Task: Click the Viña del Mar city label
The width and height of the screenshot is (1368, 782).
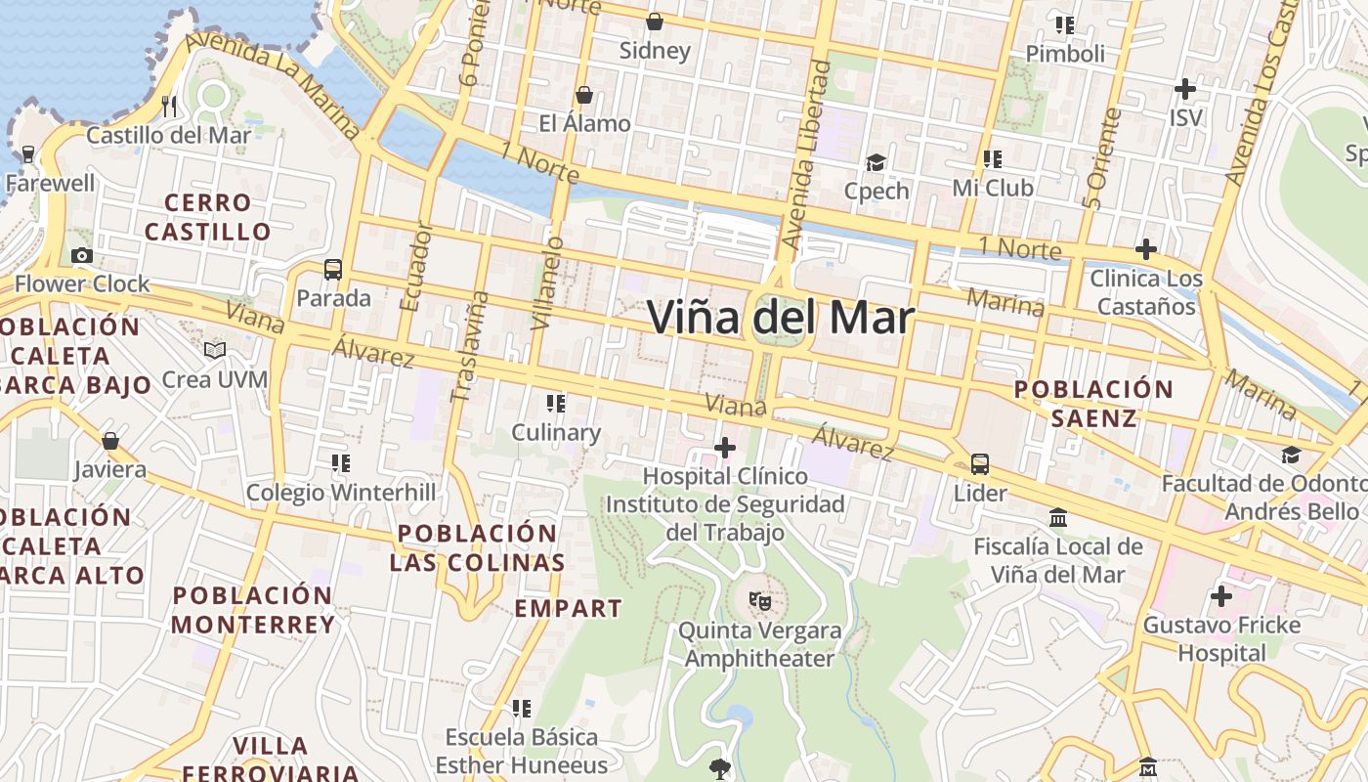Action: [781, 318]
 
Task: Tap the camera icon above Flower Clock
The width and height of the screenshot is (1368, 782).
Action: [82, 256]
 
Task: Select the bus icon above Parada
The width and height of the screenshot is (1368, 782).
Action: [333, 269]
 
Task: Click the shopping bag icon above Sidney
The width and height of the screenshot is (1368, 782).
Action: [655, 21]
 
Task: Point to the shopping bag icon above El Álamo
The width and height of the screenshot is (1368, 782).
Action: [584, 95]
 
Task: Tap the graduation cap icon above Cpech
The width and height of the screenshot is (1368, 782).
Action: [876, 162]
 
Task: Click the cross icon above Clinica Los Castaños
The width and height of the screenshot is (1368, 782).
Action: [1145, 249]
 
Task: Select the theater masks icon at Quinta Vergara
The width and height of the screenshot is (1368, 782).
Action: [759, 600]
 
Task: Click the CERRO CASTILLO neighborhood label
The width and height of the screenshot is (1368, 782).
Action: [207, 217]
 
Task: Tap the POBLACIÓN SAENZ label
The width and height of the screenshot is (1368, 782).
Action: [1093, 404]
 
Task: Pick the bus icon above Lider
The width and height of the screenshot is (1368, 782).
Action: [980, 464]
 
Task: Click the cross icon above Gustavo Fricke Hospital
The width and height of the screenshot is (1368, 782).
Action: [1220, 595]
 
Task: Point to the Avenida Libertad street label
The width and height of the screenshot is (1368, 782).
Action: [806, 156]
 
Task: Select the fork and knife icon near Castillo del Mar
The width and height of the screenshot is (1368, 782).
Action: [170, 106]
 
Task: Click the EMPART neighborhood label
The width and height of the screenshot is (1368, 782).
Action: [568, 608]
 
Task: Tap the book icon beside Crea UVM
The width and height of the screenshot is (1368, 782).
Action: [215, 350]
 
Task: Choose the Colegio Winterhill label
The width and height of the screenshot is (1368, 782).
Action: [341, 492]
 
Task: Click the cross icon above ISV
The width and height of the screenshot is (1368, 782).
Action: [1184, 89]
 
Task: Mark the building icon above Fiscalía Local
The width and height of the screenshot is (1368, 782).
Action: [1057, 517]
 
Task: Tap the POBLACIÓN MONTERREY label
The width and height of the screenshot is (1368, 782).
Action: [253, 610]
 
